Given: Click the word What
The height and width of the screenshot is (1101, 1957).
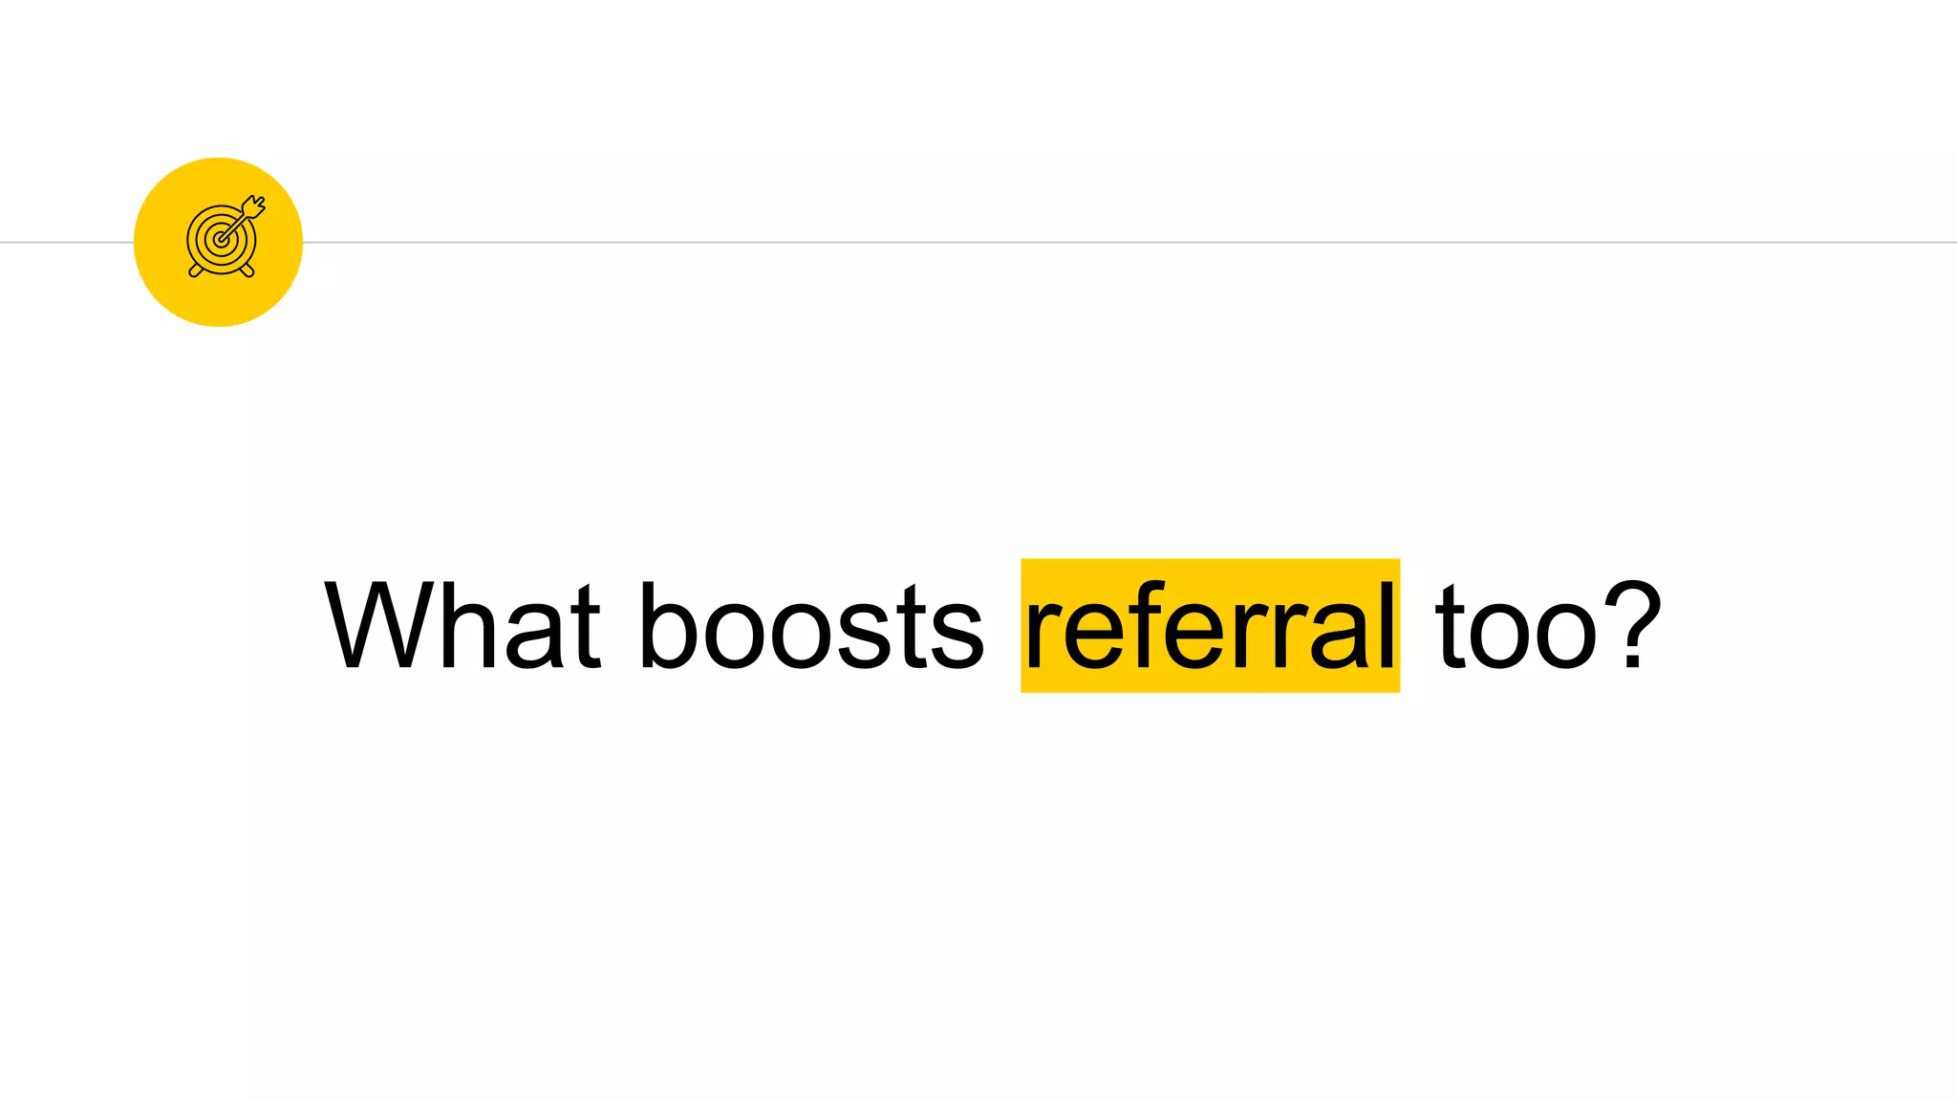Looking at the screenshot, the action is point(462,626).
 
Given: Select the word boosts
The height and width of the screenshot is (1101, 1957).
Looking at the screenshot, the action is point(810,626).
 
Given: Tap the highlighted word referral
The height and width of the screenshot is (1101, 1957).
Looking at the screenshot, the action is point(1210,626).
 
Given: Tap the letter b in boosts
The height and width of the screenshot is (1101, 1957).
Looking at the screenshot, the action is point(666,626).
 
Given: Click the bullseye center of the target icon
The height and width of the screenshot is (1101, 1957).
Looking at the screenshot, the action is point(221,240).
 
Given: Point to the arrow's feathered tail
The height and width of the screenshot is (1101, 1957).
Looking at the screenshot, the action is point(255,205).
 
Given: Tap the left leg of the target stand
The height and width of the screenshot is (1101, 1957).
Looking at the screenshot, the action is point(196,271).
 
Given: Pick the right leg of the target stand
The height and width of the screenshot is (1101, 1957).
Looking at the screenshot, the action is point(247,271).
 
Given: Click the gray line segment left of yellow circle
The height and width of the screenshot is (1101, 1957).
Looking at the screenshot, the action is point(66,243).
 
